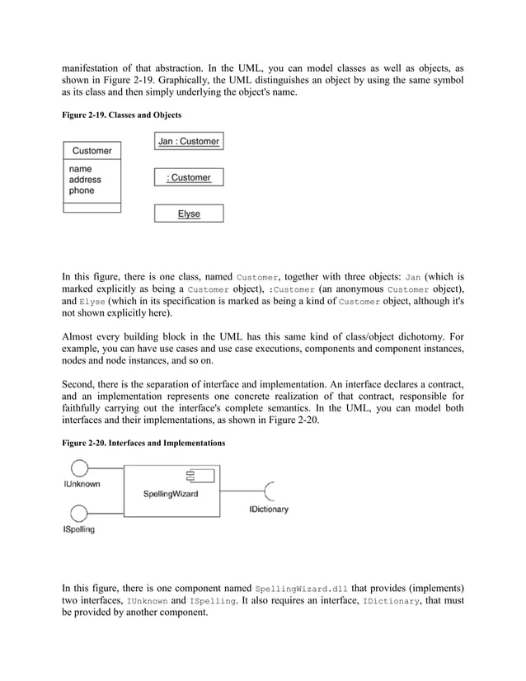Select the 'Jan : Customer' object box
pyautogui.click(x=189, y=141)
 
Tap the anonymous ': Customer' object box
pyautogui.click(x=189, y=177)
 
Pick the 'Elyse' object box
pyautogui.click(x=189, y=214)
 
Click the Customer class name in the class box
pyautogui.click(x=92, y=151)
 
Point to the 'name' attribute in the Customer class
pyautogui.click(x=81, y=169)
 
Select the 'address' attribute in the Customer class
pyautogui.click(x=86, y=180)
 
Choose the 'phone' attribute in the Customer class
pyautogui.click(x=82, y=190)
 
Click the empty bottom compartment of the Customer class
pyautogui.click(x=92, y=207)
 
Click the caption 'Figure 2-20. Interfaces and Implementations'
pyautogui.click(x=144, y=443)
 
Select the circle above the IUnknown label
pyautogui.click(x=79, y=469)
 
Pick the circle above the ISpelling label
pyautogui.click(x=79, y=510)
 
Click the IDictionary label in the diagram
pyautogui.click(x=269, y=510)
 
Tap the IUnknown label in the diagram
pyautogui.click(x=82, y=485)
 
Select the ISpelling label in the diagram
pyautogui.click(x=78, y=529)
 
